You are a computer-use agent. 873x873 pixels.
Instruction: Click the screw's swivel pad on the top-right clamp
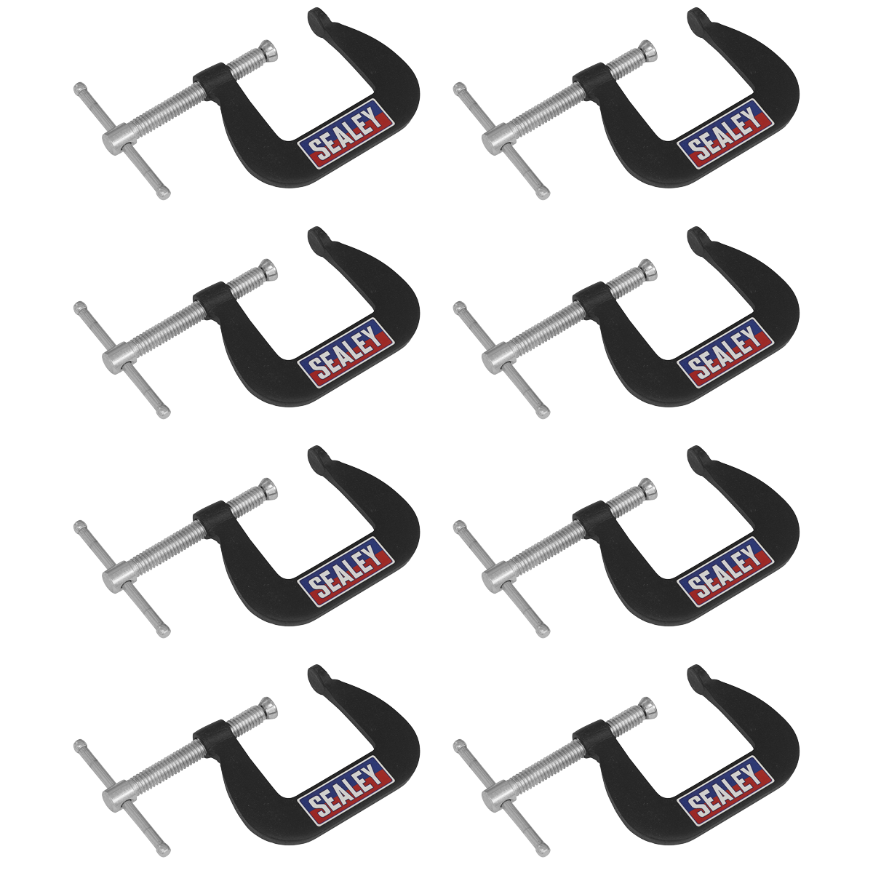tap(648, 50)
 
